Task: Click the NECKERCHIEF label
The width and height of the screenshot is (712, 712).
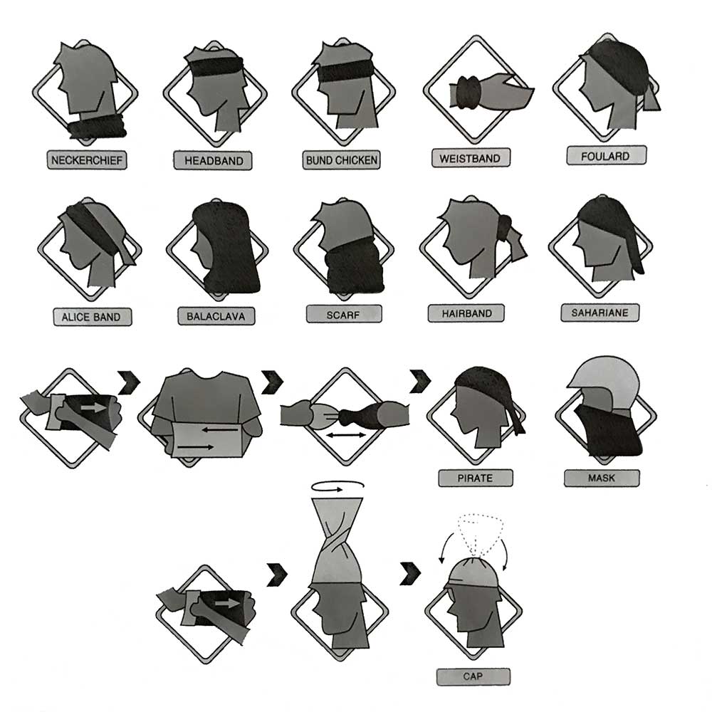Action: point(87,159)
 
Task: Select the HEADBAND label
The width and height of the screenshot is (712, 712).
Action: point(213,161)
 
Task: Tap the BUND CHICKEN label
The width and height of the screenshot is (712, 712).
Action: point(342,159)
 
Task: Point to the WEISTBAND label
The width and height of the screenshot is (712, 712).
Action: point(470,157)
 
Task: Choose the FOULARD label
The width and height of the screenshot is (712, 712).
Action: point(606,156)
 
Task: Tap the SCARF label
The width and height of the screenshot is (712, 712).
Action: point(344,314)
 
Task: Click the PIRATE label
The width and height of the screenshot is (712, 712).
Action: point(474,478)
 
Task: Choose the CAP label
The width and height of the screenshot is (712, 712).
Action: point(473,675)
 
